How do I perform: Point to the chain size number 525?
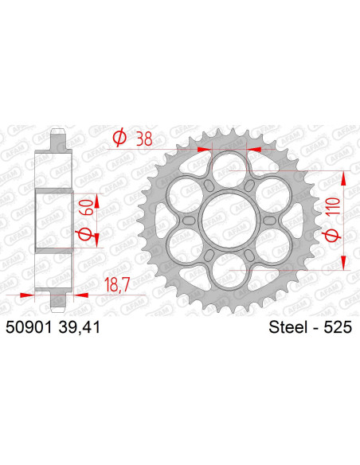click(338, 326)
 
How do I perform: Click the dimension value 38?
click(145, 139)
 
